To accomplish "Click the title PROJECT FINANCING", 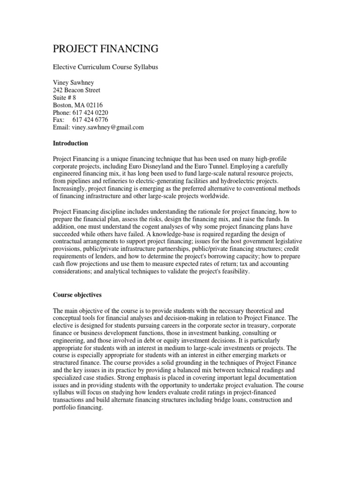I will click(x=105, y=49).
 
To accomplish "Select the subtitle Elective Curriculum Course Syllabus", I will click(x=105, y=67).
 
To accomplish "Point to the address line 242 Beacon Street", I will click(x=76, y=90).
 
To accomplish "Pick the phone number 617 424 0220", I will click(x=91, y=112).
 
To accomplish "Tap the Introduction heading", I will click(x=70, y=143).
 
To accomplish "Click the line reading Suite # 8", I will click(x=64, y=97).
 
